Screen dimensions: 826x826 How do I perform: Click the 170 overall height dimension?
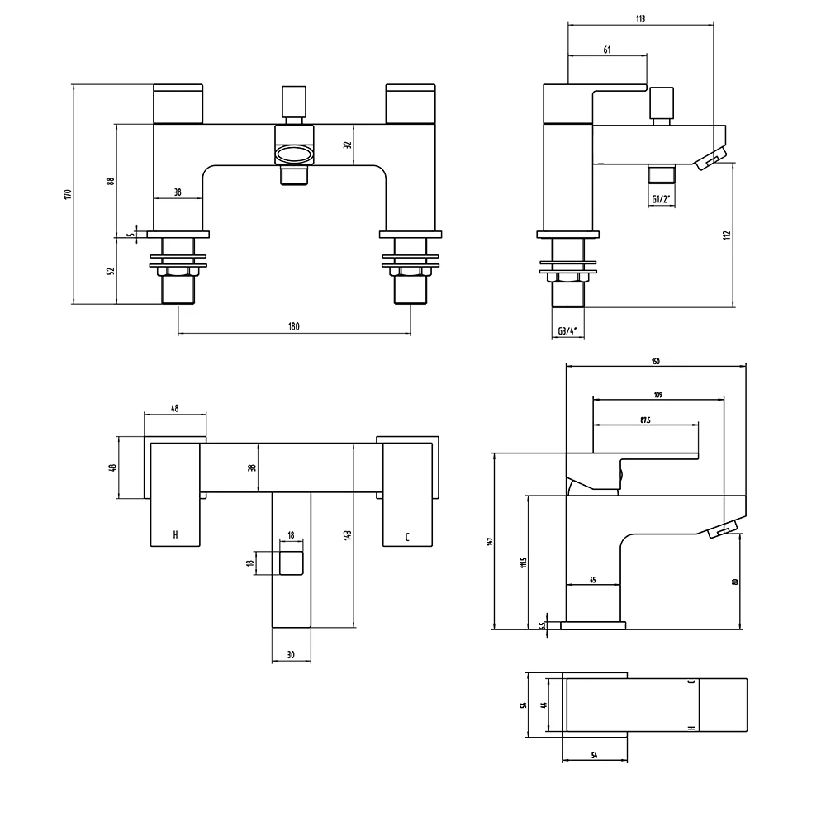pos(69,194)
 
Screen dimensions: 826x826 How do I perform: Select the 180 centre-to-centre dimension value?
pos(293,326)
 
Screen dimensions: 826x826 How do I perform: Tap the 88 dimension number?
pos(111,181)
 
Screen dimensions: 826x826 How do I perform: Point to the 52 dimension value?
pos(111,270)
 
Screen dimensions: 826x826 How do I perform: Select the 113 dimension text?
pos(640,18)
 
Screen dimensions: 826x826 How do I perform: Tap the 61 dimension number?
pos(607,50)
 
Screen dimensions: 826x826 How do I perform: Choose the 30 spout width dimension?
pos(291,655)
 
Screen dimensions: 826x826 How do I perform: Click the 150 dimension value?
pos(655,362)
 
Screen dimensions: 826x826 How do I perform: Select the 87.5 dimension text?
pos(646,420)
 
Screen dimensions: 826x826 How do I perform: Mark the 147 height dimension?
pos(490,542)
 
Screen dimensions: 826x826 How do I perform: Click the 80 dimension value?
pos(733,582)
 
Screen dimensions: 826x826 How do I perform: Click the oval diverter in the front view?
pos(294,154)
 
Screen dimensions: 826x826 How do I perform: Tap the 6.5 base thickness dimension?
pos(542,625)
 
